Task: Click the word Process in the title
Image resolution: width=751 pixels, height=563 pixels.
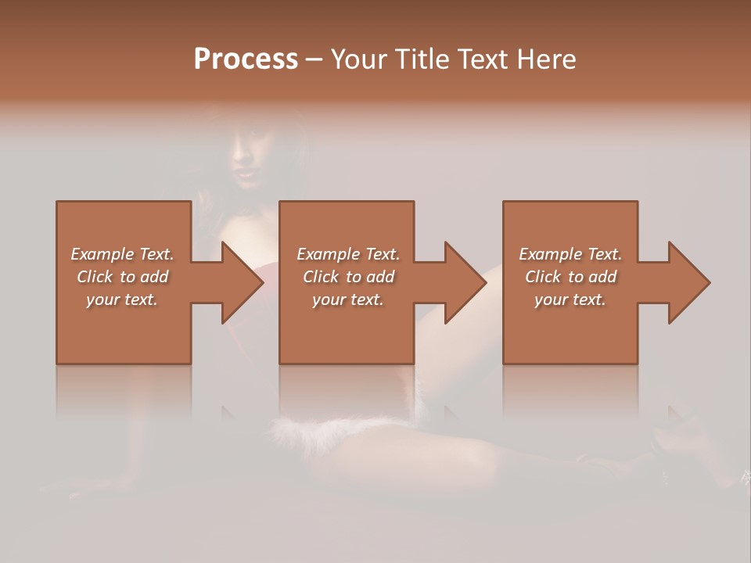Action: pos(246,59)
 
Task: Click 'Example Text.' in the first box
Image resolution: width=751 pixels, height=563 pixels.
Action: pos(122,254)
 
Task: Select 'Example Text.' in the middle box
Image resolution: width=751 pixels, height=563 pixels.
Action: pos(348,254)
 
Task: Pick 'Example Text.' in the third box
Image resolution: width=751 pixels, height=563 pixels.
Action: pos(570,254)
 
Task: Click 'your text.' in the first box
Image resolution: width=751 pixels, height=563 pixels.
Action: pos(122,299)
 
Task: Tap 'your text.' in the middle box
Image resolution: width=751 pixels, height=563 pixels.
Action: pos(348,299)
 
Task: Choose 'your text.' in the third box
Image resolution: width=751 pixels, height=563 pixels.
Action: pos(570,299)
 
